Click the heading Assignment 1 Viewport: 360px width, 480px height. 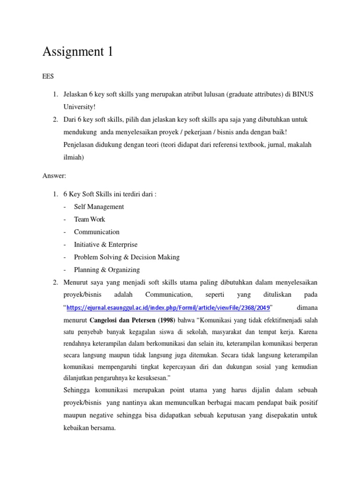[x=77, y=52]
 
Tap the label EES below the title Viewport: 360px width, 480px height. [x=48, y=76]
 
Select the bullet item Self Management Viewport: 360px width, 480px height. [x=99, y=207]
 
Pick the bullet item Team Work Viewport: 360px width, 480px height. [x=90, y=219]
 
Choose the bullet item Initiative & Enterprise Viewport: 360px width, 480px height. [x=105, y=245]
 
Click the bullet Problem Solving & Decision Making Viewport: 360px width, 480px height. [x=127, y=257]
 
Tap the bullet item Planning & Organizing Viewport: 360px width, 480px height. [x=107, y=270]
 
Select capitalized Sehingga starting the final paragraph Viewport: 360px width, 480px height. [x=77, y=390]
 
